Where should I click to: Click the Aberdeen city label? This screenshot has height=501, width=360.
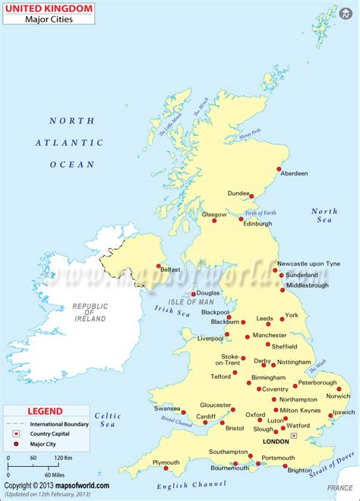(295, 173)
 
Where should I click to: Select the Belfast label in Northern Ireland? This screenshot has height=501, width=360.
(172, 269)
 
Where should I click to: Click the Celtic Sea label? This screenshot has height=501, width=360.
(107, 421)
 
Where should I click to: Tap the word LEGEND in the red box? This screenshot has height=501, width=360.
(45, 411)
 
